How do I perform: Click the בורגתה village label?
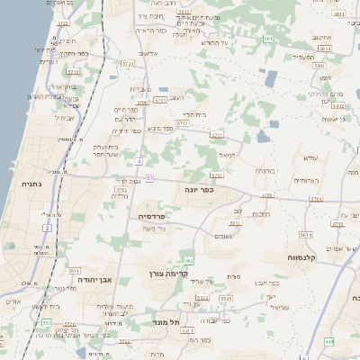265,169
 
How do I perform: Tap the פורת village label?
234,275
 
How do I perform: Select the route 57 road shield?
149,179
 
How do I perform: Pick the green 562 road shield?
188,261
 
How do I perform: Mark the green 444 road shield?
329,342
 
